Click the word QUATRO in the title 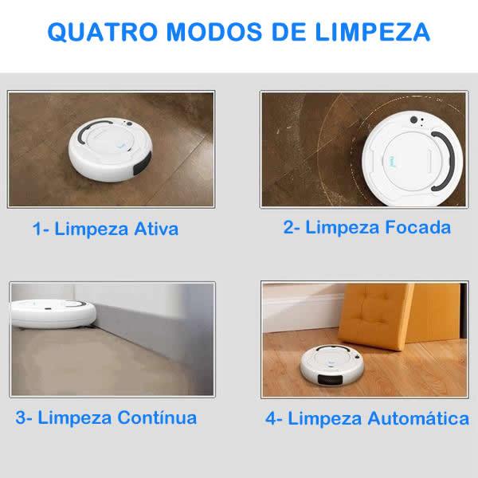click(x=103, y=32)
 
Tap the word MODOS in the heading click(x=214, y=32)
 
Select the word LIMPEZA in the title click(x=372, y=32)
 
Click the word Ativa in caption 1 click(x=156, y=229)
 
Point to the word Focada click(x=417, y=227)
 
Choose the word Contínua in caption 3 click(x=157, y=417)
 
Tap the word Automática click(x=418, y=418)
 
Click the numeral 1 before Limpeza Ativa click(x=37, y=229)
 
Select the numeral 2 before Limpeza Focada click(x=288, y=227)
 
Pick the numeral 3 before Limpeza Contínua click(x=21, y=417)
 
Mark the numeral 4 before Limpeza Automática click(x=271, y=418)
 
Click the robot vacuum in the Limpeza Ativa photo click(x=110, y=150)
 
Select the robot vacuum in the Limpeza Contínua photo click(x=53, y=314)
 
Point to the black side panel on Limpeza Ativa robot click(x=143, y=163)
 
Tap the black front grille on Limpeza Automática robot click(x=330, y=379)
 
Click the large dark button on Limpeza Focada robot click(x=413, y=119)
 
